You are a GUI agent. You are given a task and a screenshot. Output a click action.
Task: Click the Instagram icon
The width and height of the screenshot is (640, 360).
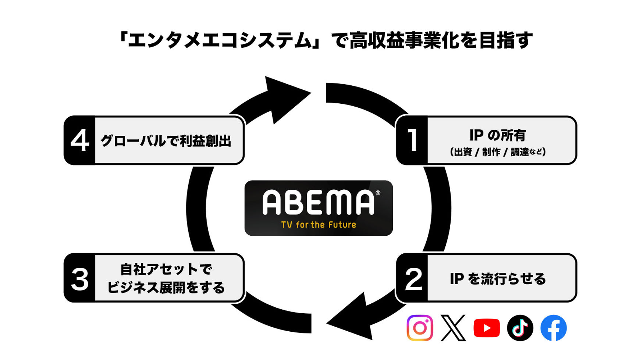click(x=420, y=328)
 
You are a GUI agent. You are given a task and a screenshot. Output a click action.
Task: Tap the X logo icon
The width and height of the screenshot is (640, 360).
click(x=453, y=328)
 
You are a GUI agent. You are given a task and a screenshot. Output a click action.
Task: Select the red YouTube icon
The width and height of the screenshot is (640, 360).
click(x=486, y=328)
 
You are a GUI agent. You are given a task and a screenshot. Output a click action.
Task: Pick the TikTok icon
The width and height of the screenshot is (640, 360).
click(x=520, y=328)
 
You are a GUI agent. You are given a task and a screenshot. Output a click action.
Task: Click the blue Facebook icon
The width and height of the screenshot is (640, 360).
click(x=553, y=328)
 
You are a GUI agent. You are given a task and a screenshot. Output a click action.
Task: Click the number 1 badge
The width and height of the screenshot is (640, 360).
click(x=412, y=140)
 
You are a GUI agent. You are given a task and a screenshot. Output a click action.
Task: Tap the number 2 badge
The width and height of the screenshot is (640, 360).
click(x=413, y=278)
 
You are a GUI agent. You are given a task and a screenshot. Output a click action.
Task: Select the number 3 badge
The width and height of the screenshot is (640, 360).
click(x=80, y=278)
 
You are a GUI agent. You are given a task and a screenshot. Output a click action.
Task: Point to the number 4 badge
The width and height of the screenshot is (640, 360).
click(x=80, y=140)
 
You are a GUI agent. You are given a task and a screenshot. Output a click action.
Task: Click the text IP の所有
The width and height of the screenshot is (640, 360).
click(x=497, y=135)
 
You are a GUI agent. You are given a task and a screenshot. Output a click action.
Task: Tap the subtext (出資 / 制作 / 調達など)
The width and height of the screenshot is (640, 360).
click(x=498, y=152)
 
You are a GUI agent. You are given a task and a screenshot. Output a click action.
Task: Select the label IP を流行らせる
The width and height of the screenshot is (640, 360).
click(x=498, y=279)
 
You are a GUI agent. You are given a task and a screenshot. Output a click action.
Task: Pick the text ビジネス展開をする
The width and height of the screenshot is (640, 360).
click(x=166, y=287)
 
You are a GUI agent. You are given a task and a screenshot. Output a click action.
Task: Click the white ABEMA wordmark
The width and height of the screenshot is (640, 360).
click(x=318, y=202)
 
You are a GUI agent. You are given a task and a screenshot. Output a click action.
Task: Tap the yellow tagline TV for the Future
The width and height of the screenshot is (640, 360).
click(x=319, y=225)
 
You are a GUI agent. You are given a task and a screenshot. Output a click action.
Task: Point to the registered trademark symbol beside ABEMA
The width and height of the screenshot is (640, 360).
click(x=378, y=193)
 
